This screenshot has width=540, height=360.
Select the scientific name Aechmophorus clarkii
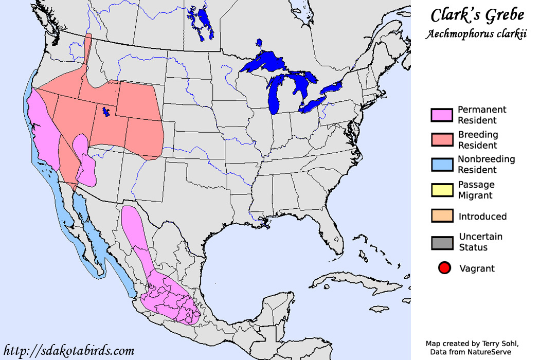click(x=476, y=34)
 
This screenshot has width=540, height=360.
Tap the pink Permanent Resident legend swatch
click(x=441, y=115)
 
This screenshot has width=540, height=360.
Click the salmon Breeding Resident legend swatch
click(x=441, y=140)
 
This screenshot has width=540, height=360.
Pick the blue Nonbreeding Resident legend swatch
click(x=441, y=165)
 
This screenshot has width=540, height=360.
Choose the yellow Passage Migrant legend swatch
click(x=441, y=190)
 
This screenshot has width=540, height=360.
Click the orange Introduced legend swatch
click(x=441, y=216)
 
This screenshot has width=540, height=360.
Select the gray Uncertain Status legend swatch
click(x=441, y=242)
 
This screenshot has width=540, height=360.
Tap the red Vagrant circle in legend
click(x=445, y=268)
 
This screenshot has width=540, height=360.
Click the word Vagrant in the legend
click(x=477, y=268)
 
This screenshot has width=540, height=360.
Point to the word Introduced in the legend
click(x=482, y=217)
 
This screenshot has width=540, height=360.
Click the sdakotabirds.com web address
click(x=68, y=351)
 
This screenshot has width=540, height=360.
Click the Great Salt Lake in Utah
click(x=106, y=112)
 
